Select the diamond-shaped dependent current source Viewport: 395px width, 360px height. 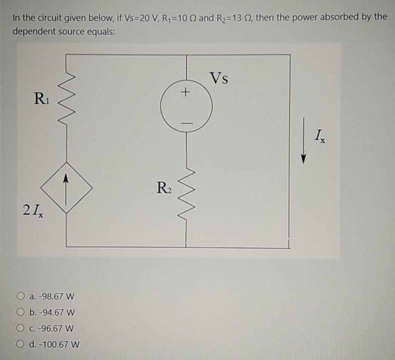click(66, 187)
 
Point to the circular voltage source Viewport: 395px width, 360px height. click(186, 106)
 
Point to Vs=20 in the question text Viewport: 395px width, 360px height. click(131, 17)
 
